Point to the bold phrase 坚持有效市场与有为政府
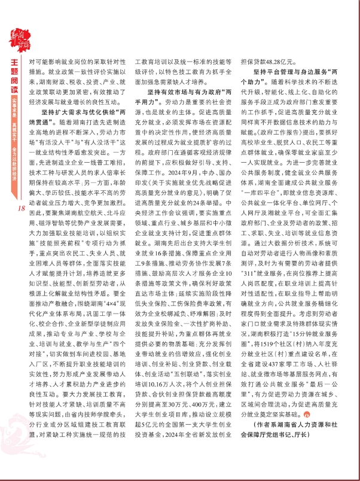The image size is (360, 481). point(183,95)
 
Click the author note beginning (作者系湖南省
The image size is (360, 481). point(291,443)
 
